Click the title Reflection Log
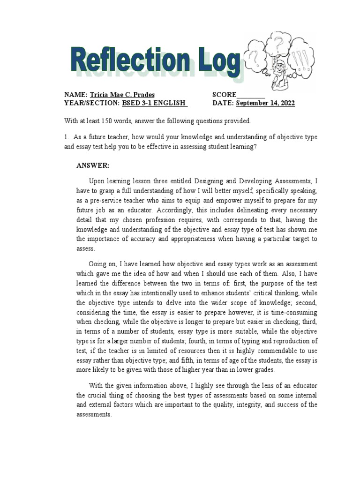tap(155, 61)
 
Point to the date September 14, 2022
tap(265, 104)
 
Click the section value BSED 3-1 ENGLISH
tap(154, 104)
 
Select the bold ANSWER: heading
tap(93, 165)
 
